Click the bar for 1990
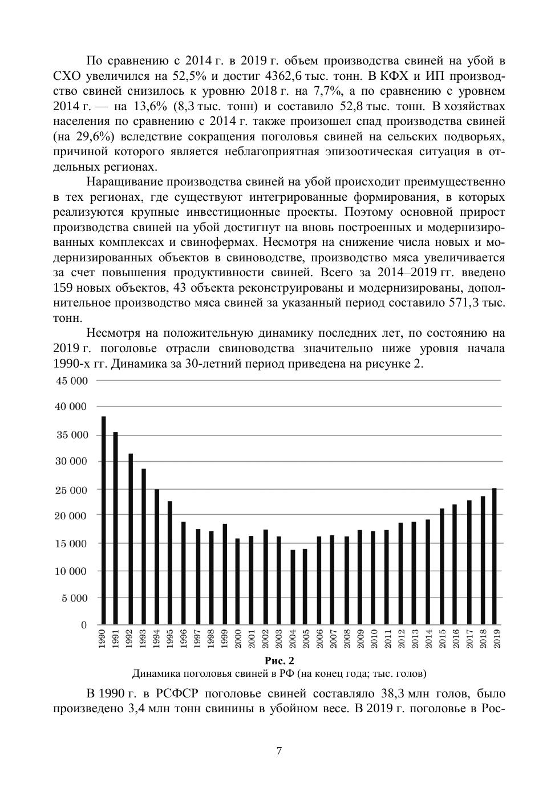coord(104,520)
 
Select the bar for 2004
coord(293,587)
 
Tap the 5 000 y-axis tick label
coord(74,599)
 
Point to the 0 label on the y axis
coord(84,625)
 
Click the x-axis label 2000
coord(238,639)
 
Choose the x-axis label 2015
coord(441,639)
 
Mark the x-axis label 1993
coord(144,639)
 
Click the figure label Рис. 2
coord(279,661)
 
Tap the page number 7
coord(279,751)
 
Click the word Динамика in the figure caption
coord(155,674)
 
